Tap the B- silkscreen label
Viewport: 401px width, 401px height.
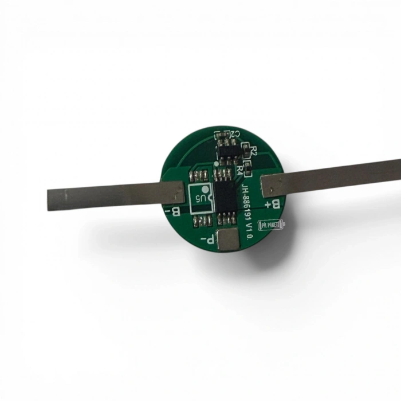click(x=172, y=213)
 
